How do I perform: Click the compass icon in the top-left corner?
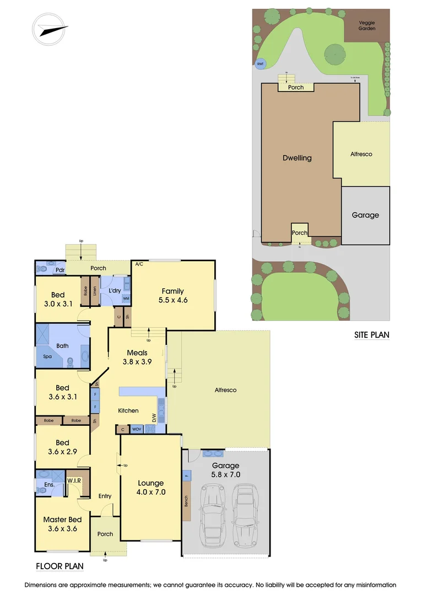pos(50,29)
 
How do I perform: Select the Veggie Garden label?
pos(367,25)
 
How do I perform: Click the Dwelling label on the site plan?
pos(297,158)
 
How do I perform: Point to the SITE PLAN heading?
pos(371,335)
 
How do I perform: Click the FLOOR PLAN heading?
pos(60,566)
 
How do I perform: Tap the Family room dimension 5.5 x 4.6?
pos(172,301)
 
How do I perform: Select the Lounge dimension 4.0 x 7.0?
pos(150,492)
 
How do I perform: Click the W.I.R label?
pos(74,480)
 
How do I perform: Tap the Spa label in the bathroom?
pos(47,356)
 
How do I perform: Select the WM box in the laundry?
pos(126,299)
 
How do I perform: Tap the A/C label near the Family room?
pos(139,264)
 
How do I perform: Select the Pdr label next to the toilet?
pos(59,270)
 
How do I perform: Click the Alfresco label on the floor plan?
pos(225,390)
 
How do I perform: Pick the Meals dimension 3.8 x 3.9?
pos(137,362)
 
